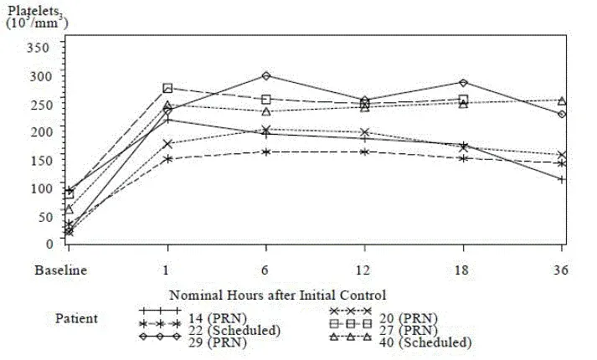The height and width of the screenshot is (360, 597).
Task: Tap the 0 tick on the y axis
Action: pyautogui.click(x=50, y=244)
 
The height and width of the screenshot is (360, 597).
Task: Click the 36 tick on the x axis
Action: pyautogui.click(x=561, y=270)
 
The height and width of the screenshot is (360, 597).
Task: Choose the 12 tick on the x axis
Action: pyautogui.click(x=364, y=270)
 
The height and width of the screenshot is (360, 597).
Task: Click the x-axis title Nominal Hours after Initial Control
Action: pyautogui.click(x=277, y=295)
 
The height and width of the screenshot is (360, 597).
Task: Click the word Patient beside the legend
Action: pyautogui.click(x=77, y=318)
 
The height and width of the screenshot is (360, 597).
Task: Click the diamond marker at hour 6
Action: pyautogui.click(x=266, y=76)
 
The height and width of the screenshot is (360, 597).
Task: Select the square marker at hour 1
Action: pyautogui.click(x=167, y=88)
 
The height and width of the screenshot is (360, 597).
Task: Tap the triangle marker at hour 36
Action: pyautogui.click(x=562, y=100)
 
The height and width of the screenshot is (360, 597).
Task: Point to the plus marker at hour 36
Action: pyautogui.click(x=562, y=179)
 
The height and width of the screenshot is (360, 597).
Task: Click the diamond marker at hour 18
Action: pyautogui.click(x=463, y=82)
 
